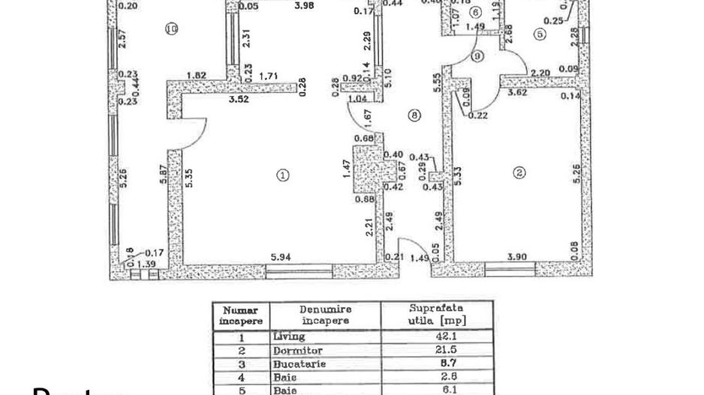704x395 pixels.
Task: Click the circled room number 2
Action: [x=519, y=172]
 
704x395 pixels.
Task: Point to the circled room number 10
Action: [x=171, y=29]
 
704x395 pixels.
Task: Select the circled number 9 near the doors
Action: [x=477, y=57]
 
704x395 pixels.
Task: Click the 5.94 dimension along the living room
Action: [x=280, y=257]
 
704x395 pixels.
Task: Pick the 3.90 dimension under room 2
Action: [x=518, y=257]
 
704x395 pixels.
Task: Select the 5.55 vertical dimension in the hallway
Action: [x=435, y=81]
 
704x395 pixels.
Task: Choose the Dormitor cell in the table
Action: [x=298, y=350]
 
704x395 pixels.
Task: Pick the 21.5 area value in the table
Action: [x=436, y=350]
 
